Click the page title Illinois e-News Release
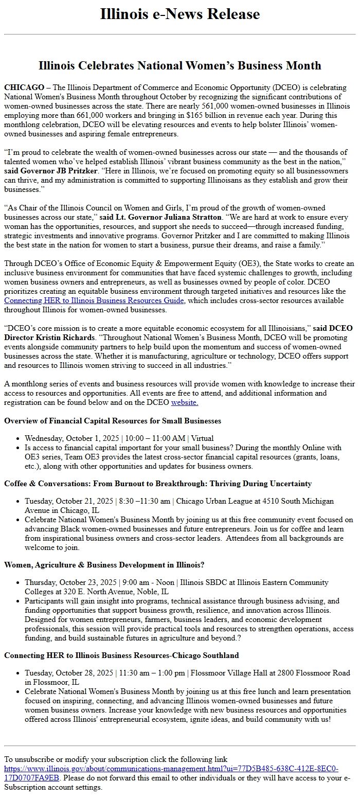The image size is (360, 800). click(x=179, y=14)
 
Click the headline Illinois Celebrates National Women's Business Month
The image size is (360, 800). click(x=179, y=65)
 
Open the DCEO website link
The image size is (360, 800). click(x=185, y=402)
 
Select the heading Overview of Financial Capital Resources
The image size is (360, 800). click(x=113, y=421)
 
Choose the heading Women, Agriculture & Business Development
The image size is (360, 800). click(x=104, y=564)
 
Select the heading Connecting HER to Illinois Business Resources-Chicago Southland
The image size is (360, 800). click(x=121, y=655)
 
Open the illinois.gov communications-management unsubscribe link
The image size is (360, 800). click(x=171, y=769)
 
